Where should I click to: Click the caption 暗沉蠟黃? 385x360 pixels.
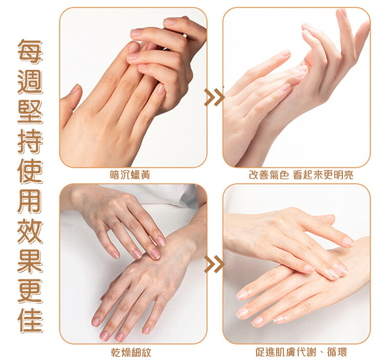pos(130,175)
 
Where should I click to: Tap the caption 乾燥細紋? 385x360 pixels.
pos(130,352)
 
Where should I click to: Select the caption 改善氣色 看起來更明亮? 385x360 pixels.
pos(301,175)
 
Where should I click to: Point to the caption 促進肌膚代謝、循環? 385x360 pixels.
pos(301,352)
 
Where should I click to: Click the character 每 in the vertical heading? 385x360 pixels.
pos(30,51)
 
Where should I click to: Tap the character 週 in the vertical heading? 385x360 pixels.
pos(30,81)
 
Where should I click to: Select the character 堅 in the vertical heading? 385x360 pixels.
pos(30,111)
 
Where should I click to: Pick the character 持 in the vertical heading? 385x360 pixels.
pos(30,141)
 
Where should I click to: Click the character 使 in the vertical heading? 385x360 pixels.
pos(30,171)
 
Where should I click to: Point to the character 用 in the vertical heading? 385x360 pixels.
pos(30,201)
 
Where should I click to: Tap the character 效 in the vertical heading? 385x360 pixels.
pos(30,231)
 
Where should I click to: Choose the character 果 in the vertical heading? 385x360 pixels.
pos(30,261)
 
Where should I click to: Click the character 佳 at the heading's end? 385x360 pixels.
pos(30,321)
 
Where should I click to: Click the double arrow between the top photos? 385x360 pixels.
pos(215,97)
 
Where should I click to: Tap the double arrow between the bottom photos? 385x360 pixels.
pos(215,264)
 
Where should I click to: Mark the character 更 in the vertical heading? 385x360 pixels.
pos(30,291)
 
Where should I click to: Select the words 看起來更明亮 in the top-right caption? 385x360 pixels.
pos(323,175)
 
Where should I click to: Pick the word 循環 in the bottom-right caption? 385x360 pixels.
pos(337,352)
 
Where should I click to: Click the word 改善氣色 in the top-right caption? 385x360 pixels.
pos(269,175)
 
